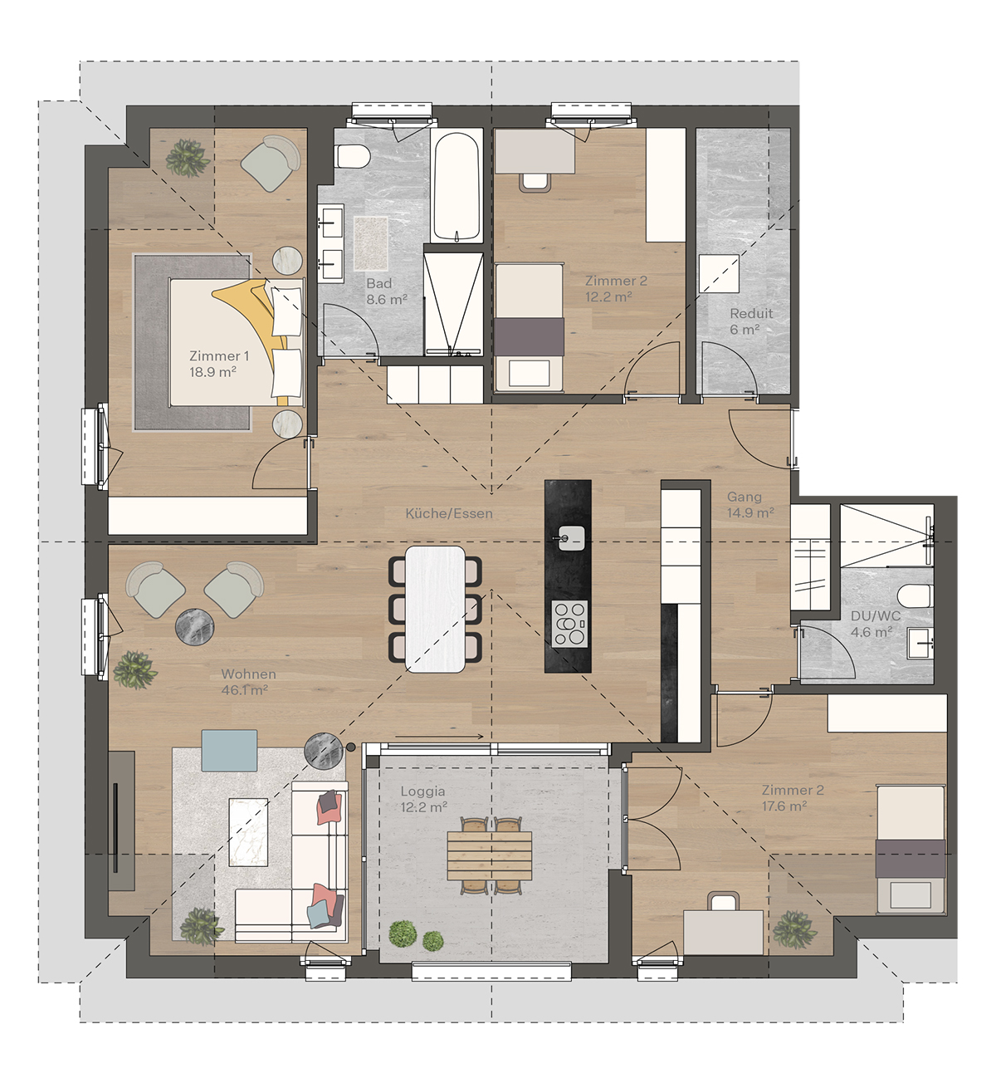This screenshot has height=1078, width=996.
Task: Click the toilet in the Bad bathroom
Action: pyautogui.click(x=353, y=156)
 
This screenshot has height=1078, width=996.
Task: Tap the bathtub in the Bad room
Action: pyautogui.click(x=456, y=186)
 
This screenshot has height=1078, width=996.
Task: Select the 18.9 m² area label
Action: pyautogui.click(x=212, y=372)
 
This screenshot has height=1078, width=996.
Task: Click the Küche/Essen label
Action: pyautogui.click(x=449, y=513)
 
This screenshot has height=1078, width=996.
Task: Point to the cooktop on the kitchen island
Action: pyautogui.click(x=569, y=623)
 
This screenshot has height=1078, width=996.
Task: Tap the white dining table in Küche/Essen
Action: pyautogui.click(x=435, y=609)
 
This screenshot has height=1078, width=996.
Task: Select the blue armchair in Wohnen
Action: pyautogui.click(x=229, y=750)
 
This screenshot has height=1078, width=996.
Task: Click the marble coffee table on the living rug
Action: pyautogui.click(x=248, y=831)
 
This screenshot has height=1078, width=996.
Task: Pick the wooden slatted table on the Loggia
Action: pyautogui.click(x=490, y=855)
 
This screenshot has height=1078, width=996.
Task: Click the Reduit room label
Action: pyautogui.click(x=751, y=313)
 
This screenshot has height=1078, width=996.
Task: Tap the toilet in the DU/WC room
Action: pyautogui.click(x=915, y=596)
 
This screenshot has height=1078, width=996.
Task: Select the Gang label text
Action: pyautogui.click(x=745, y=496)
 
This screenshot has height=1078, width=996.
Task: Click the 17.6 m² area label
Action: pyautogui.click(x=784, y=806)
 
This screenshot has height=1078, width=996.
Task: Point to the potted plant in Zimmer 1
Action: pyautogui.click(x=187, y=158)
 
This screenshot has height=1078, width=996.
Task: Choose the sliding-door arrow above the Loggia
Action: pyautogui.click(x=439, y=737)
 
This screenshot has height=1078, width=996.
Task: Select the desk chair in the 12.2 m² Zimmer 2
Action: pyautogui.click(x=535, y=182)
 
